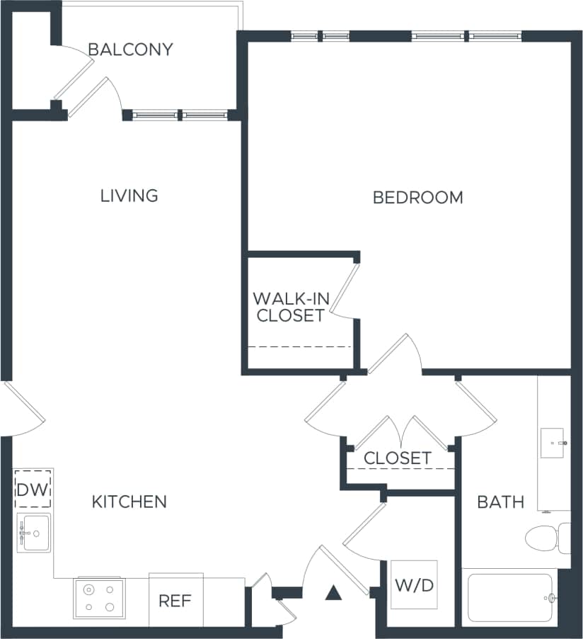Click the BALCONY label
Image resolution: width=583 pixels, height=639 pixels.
tap(130, 50)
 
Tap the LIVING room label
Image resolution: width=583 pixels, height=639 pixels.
tap(129, 196)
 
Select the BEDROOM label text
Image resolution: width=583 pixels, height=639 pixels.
tap(417, 198)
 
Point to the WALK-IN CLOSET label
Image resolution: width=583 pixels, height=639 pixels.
tap(290, 307)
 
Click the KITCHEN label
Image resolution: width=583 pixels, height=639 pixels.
tap(129, 502)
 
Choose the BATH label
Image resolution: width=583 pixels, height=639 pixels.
tap(500, 502)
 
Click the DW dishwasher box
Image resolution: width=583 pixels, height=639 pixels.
tap(33, 489)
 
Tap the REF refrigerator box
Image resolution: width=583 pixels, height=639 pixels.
tap(175, 601)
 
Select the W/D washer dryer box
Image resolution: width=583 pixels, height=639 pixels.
tap(414, 585)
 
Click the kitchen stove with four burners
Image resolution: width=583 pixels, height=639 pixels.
tap(100, 598)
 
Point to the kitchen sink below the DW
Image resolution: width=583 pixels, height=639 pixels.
tap(34, 533)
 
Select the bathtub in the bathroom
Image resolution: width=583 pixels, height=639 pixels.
tap(510, 598)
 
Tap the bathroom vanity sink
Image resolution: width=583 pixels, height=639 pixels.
tap(553, 443)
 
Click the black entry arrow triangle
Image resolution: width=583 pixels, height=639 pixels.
tap(333, 592)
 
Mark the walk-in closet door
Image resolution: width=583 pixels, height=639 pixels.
tap(342, 290)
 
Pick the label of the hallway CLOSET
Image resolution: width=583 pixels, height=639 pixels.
tap(397, 458)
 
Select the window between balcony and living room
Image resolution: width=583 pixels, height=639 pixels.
tap(180, 115)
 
